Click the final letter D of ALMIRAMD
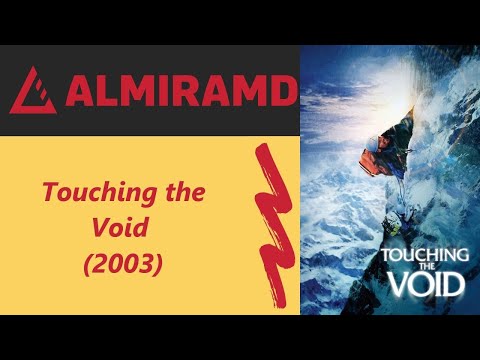[x=284, y=92]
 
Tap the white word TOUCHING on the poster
[x=425, y=256]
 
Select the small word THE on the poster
[x=425, y=267]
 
